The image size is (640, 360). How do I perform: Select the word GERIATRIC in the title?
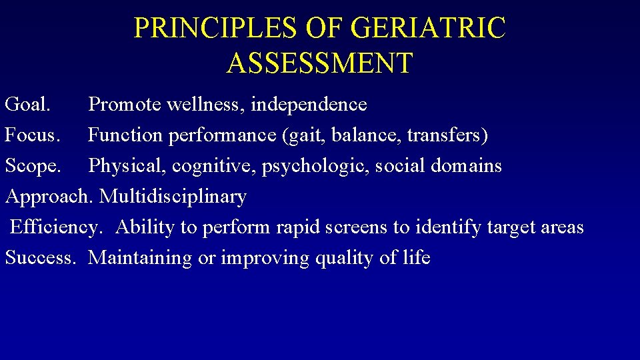[x=427, y=29]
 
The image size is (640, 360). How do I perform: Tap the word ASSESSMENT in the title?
[x=320, y=63]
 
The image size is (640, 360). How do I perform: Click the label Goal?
[x=27, y=105]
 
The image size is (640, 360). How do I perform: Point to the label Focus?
[x=32, y=135]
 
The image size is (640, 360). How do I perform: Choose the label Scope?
[x=33, y=166]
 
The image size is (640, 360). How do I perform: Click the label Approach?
[x=50, y=197]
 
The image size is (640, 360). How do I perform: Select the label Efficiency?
[x=56, y=227]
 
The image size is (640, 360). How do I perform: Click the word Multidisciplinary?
[x=173, y=197]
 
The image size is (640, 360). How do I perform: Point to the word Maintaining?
[x=140, y=258]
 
